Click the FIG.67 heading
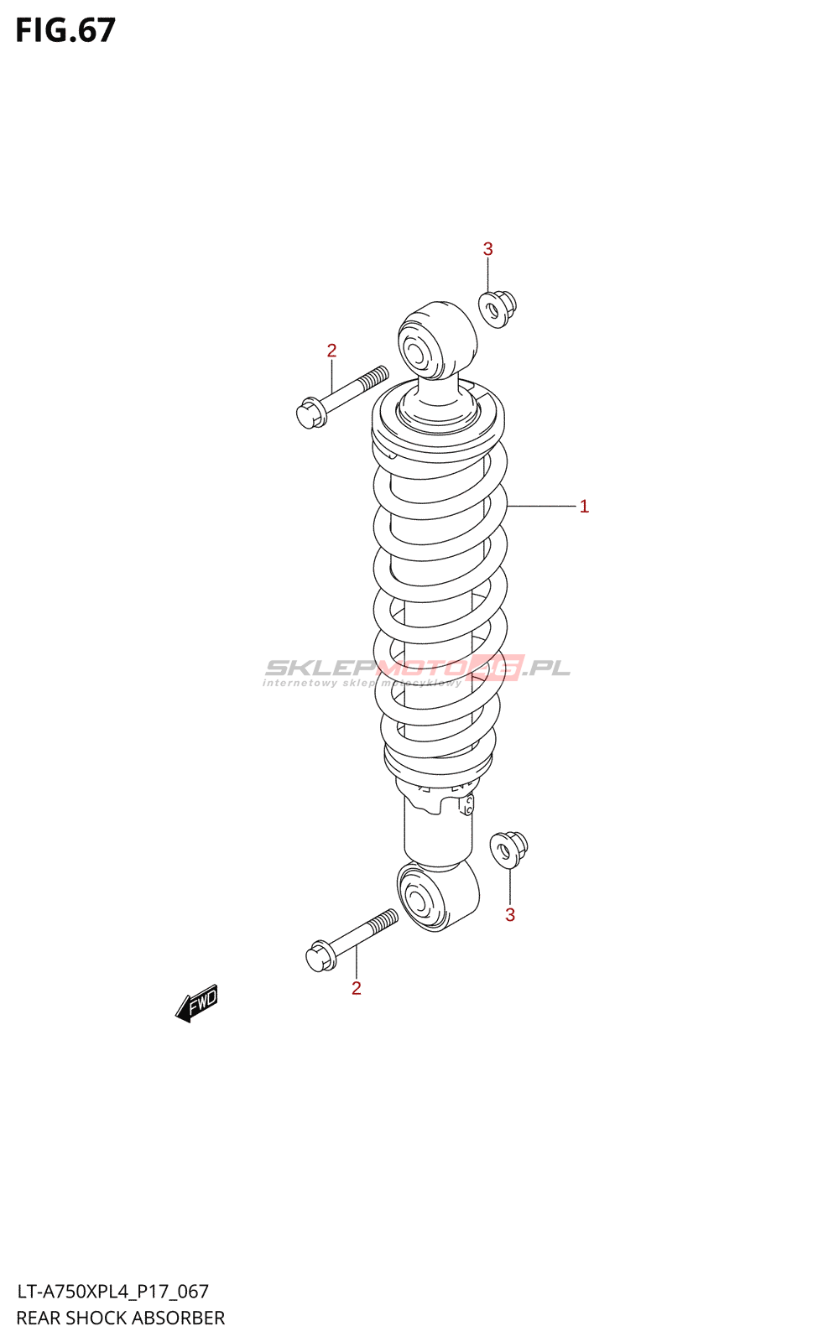pyautogui.click(x=65, y=30)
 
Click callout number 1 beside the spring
pyautogui.click(x=584, y=507)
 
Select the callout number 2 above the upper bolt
pyautogui.click(x=331, y=351)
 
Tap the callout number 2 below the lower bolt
pyautogui.click(x=357, y=989)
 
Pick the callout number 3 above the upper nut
pyautogui.click(x=487, y=249)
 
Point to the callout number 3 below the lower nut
pyautogui.click(x=510, y=915)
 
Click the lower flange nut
pyautogui.click(x=508, y=849)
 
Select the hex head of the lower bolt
pyautogui.click(x=320, y=956)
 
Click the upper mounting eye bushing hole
pyautogui.click(x=416, y=350)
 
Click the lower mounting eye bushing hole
pyautogui.click(x=416, y=902)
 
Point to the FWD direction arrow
pyautogui.click(x=197, y=1003)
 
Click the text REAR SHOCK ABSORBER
pyautogui.click(x=121, y=1318)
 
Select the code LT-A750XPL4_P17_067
pyautogui.click(x=112, y=1292)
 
